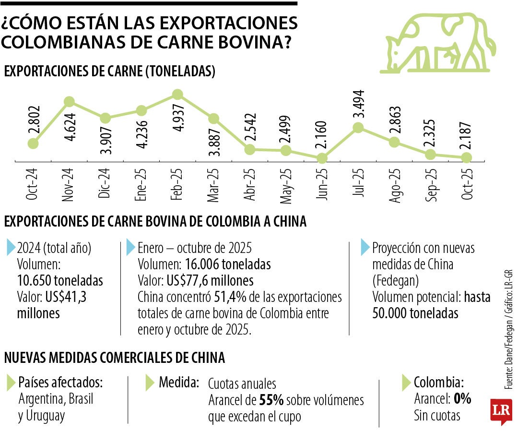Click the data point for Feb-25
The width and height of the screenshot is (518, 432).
tap(177, 95)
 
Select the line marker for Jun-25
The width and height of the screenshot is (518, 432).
tap(322, 158)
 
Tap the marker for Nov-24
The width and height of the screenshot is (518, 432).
tap(69, 101)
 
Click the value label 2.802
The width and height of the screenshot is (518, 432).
tap(34, 123)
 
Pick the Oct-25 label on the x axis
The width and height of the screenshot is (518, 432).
tap(468, 185)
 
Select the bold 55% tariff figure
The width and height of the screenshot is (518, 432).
tap(271, 400)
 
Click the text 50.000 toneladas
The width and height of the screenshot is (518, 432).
tap(415, 313)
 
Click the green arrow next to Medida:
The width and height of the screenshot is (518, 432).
tap(150, 383)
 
